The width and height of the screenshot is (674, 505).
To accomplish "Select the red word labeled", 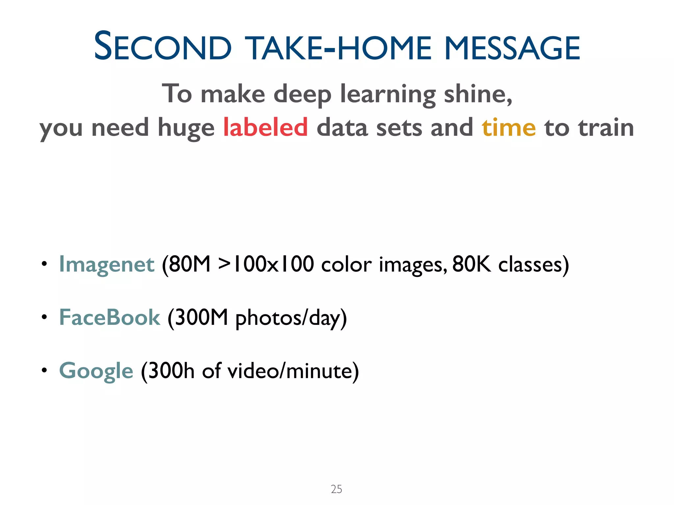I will pos(265,127).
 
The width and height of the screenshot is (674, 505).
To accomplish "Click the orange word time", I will pos(509,127).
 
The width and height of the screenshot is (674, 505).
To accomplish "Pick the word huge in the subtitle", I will pos(186,128).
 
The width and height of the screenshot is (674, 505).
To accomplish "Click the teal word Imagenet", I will pos(106,264).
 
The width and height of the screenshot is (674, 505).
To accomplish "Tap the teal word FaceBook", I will pos(109,318).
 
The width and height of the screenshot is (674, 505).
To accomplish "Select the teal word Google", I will pos(96,371).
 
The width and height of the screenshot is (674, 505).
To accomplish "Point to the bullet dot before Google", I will pos(44,370).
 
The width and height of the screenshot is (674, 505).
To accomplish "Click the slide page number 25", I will pos(336,489).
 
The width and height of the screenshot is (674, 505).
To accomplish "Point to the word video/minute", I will pos(290,371).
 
